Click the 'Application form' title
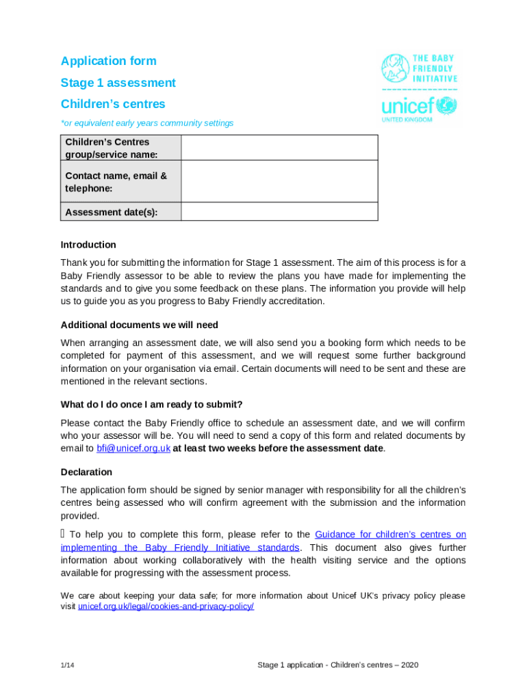coord(108,61)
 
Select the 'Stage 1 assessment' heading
coord(118,83)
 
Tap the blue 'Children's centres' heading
coord(113,104)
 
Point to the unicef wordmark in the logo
coord(408,106)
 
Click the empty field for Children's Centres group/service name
coord(279,148)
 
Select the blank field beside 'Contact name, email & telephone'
coord(279,181)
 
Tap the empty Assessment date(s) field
coord(279,212)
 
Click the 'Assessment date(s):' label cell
coord(112,212)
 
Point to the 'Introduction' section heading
coord(88,245)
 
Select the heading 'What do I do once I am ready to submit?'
coord(151,404)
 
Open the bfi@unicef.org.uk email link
coord(133,448)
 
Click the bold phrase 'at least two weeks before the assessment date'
coord(278,448)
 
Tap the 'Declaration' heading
coord(86,472)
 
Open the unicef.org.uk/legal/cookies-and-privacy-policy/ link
coord(166,606)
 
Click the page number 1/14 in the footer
coord(67,665)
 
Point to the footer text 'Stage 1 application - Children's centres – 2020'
coord(337,665)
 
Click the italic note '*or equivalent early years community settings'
coord(147,123)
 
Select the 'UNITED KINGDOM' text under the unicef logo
coord(407,120)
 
